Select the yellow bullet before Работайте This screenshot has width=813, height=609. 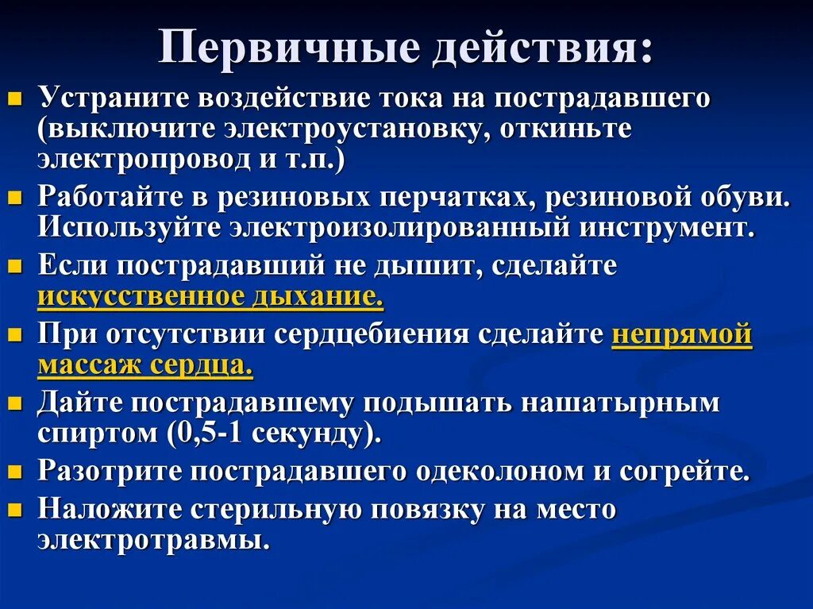click(x=13, y=199)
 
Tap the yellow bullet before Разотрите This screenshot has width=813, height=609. click(x=13, y=472)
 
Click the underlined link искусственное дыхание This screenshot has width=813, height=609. click(x=210, y=296)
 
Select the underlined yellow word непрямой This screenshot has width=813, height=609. click(x=681, y=334)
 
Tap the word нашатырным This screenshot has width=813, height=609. click(x=620, y=403)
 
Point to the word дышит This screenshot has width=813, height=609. click(x=430, y=266)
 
